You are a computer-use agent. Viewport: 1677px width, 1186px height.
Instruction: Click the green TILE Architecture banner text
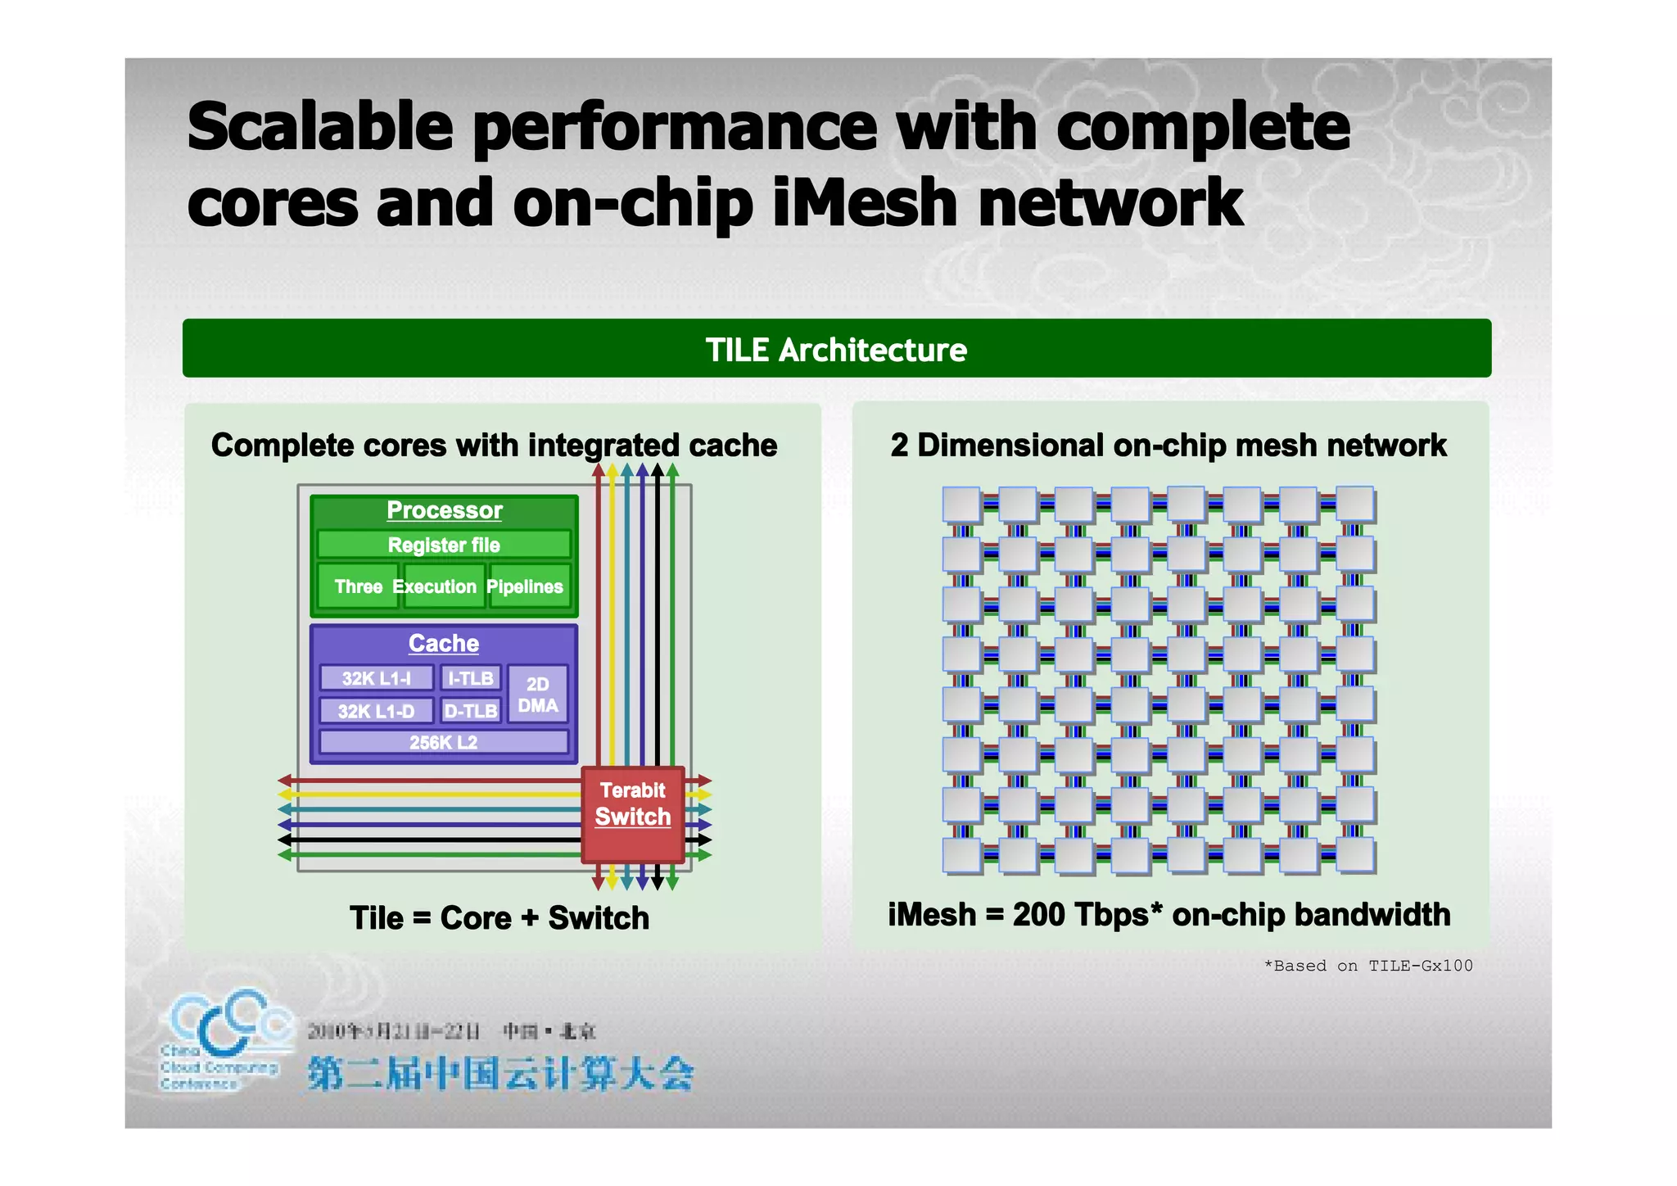836,350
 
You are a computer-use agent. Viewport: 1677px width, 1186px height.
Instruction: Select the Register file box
444,545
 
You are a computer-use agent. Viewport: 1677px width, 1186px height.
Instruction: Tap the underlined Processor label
444,510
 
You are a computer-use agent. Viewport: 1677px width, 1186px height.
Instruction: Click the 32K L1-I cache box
376,678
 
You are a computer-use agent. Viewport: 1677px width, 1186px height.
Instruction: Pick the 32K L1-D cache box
376,711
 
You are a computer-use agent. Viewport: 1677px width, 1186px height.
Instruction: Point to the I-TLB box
470,678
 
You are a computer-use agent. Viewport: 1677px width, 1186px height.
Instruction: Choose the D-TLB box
470,711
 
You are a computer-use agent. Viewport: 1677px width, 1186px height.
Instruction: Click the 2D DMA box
537,695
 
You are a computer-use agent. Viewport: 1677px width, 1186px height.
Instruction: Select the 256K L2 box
443,742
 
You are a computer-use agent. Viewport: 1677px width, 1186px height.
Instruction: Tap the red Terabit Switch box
632,814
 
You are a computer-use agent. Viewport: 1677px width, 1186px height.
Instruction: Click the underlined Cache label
443,644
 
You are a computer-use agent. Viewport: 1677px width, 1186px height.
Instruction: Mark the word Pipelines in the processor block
525,586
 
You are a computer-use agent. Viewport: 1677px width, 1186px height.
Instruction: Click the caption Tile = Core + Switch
499,918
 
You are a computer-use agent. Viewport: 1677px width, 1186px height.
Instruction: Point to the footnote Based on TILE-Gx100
1368,966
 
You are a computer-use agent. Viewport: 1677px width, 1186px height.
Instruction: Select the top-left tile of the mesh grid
961,505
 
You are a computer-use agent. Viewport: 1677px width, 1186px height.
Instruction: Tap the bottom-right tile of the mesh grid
1354,855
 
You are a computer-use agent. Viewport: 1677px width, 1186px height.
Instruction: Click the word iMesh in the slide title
864,203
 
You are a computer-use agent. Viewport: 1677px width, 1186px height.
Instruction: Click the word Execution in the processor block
434,586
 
